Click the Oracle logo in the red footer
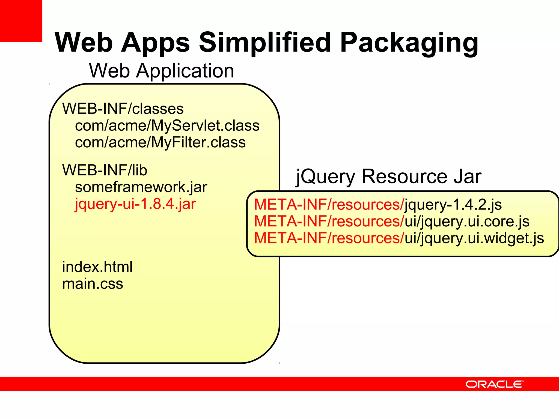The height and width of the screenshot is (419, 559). (494, 384)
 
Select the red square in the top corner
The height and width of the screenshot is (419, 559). (21, 21)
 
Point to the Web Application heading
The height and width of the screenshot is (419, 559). (161, 71)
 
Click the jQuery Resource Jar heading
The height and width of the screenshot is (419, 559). (388, 176)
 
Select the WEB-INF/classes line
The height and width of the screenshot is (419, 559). (123, 109)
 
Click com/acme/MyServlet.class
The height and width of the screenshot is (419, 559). (167, 126)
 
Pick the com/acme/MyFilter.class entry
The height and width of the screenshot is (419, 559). (160, 142)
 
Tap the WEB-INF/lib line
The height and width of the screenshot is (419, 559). (105, 170)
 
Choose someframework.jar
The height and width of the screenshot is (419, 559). (141, 187)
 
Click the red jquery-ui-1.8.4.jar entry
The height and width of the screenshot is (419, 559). (135, 204)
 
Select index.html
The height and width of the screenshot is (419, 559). (97, 267)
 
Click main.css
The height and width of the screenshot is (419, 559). (93, 284)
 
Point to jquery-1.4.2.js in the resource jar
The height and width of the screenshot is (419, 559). (453, 205)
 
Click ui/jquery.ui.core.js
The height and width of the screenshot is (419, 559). (467, 222)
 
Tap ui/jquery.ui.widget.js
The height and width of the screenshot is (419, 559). (474, 238)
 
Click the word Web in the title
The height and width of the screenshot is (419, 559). (84, 42)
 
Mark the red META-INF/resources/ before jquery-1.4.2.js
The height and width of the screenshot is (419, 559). (329, 205)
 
